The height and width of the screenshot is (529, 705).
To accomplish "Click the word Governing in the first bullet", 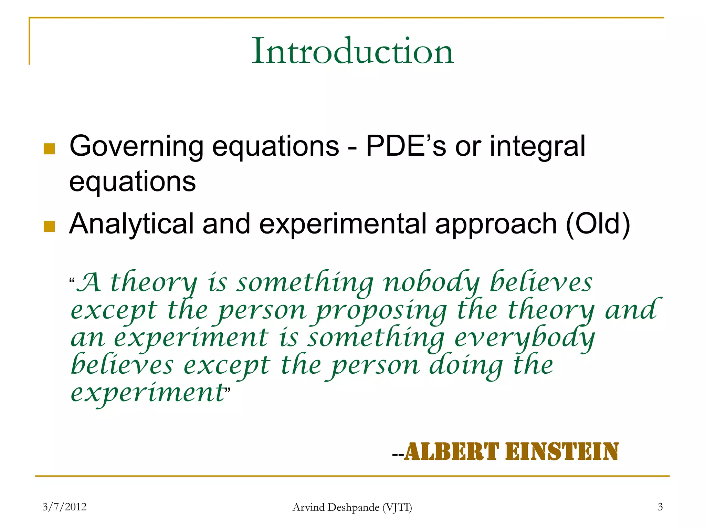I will (136, 146).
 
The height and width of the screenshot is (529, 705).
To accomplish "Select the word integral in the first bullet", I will (537, 146).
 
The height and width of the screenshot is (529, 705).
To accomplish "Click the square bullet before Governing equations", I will (50, 149).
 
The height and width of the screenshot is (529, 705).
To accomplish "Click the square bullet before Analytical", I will (50, 226).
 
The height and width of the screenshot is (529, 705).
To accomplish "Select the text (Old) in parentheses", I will (598, 224).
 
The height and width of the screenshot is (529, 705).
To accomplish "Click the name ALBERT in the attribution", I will (451, 452).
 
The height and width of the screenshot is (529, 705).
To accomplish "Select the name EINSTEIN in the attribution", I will (561, 452).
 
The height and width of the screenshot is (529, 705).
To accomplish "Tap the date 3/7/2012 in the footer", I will (64, 507).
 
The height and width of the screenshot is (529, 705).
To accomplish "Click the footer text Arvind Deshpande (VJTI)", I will (352, 507).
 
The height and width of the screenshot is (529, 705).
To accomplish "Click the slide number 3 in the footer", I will (660, 507).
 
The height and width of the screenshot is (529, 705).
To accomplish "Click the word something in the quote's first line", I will (305, 283).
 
